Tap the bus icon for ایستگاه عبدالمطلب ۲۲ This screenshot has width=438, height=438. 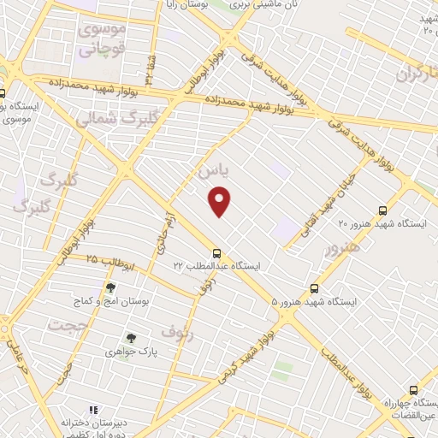click(216, 253)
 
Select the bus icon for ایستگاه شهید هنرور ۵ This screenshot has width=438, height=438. click(315, 288)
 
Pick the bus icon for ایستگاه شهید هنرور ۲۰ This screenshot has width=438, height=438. click(382, 210)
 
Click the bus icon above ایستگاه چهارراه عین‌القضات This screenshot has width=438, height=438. click(413, 389)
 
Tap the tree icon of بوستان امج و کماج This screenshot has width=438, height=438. click(110, 288)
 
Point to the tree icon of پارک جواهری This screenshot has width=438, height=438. click(131, 338)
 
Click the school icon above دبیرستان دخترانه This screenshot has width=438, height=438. click(93, 411)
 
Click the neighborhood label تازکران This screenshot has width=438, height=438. click(418, 75)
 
